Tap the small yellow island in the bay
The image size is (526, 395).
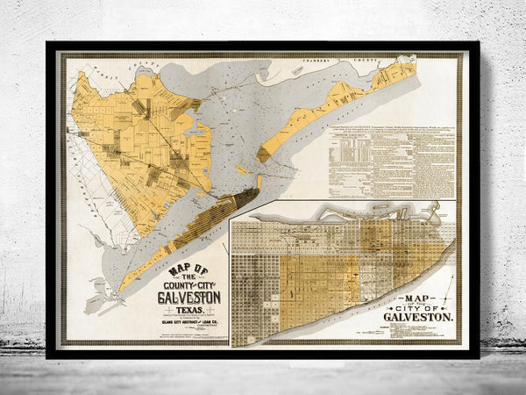point(264,154)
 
